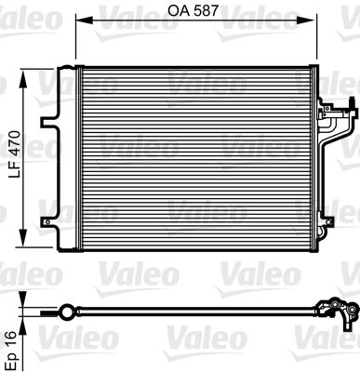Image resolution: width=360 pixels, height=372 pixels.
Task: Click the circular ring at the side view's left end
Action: tap(67, 311)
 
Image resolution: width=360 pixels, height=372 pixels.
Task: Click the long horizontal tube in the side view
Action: tap(195, 312)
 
